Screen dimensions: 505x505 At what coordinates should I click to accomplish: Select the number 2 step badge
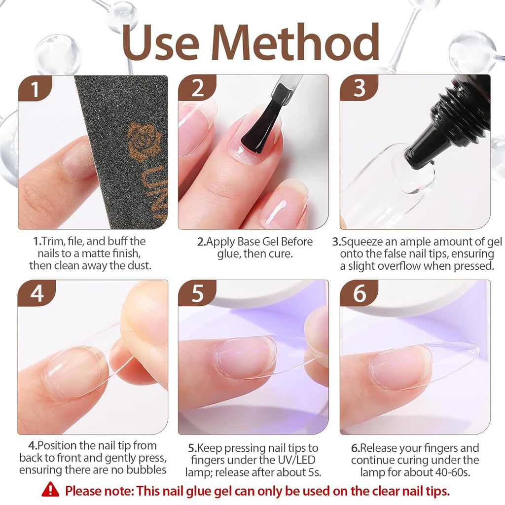pyautogui.click(x=197, y=89)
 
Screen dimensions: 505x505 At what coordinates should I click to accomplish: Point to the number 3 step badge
pyautogui.click(x=359, y=89)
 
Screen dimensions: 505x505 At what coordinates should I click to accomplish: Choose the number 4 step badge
pyautogui.click(x=36, y=294)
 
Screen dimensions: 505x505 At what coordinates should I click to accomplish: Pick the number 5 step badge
pyautogui.click(x=197, y=294)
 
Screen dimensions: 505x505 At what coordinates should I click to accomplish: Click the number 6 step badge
pyautogui.click(x=359, y=294)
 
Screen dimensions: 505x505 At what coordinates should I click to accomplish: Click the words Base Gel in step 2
pyautogui.click(x=267, y=242)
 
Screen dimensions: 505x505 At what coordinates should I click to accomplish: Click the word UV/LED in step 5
pyautogui.click(x=296, y=461)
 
